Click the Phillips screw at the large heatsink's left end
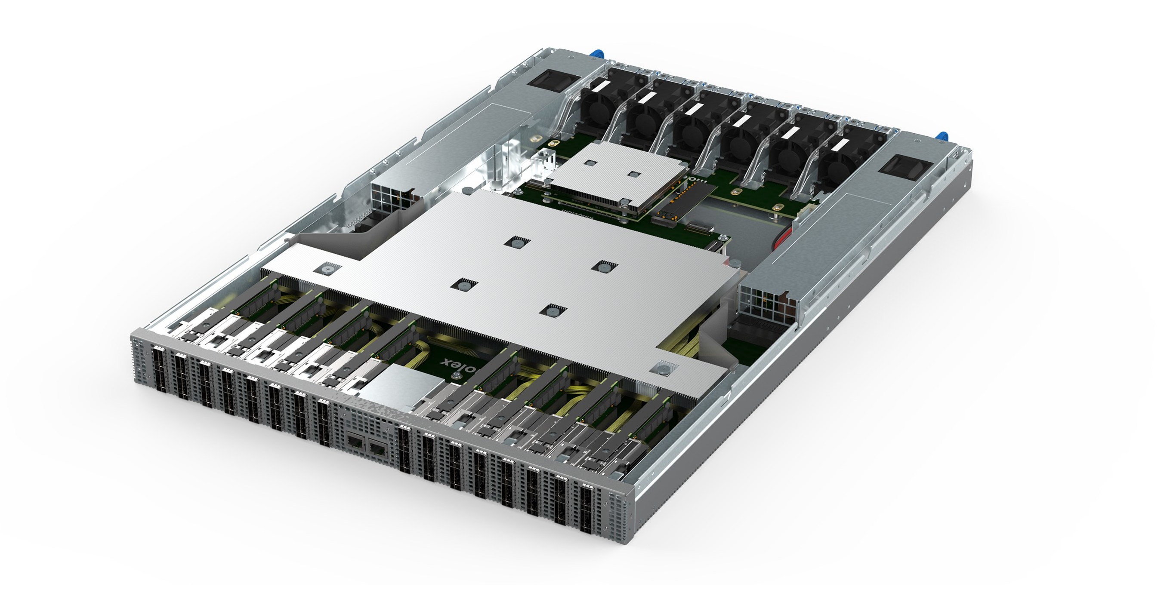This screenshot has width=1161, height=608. [x=327, y=268]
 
